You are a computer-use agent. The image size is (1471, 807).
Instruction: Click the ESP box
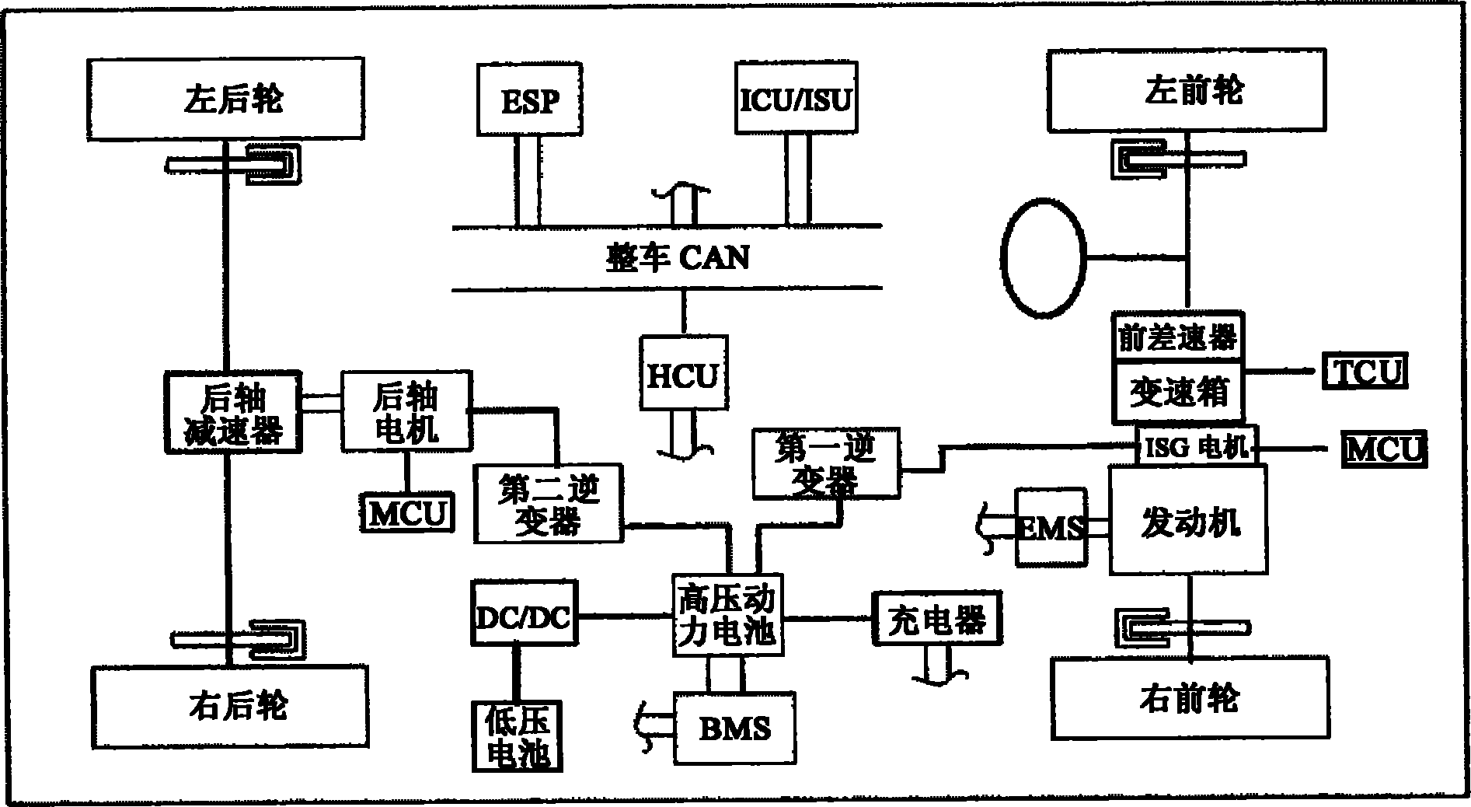(x=529, y=100)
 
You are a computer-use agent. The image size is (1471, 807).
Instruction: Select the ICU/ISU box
(x=796, y=98)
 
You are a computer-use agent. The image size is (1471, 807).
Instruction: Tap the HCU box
(x=683, y=374)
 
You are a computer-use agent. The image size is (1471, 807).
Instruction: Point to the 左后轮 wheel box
(x=226, y=99)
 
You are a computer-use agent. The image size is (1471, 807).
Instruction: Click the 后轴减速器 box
(x=233, y=413)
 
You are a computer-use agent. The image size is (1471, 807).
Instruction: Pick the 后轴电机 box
(x=406, y=411)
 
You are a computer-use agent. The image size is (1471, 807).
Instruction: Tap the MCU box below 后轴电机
(x=407, y=513)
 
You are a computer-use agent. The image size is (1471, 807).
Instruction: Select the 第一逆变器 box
(x=825, y=464)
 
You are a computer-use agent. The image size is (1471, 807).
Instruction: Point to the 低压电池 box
(x=517, y=735)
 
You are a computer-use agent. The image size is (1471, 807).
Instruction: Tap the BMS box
(x=734, y=728)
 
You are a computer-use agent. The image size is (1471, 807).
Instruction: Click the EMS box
(x=1051, y=528)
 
